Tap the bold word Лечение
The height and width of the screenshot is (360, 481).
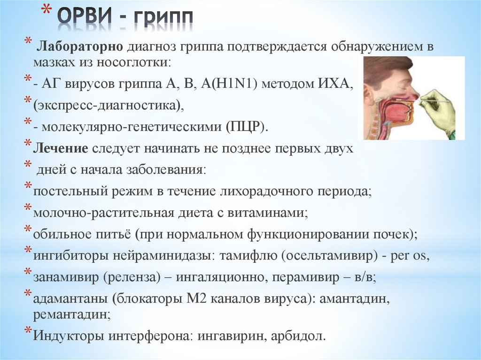point(61,149)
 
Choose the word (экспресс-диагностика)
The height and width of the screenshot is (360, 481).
point(109,105)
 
